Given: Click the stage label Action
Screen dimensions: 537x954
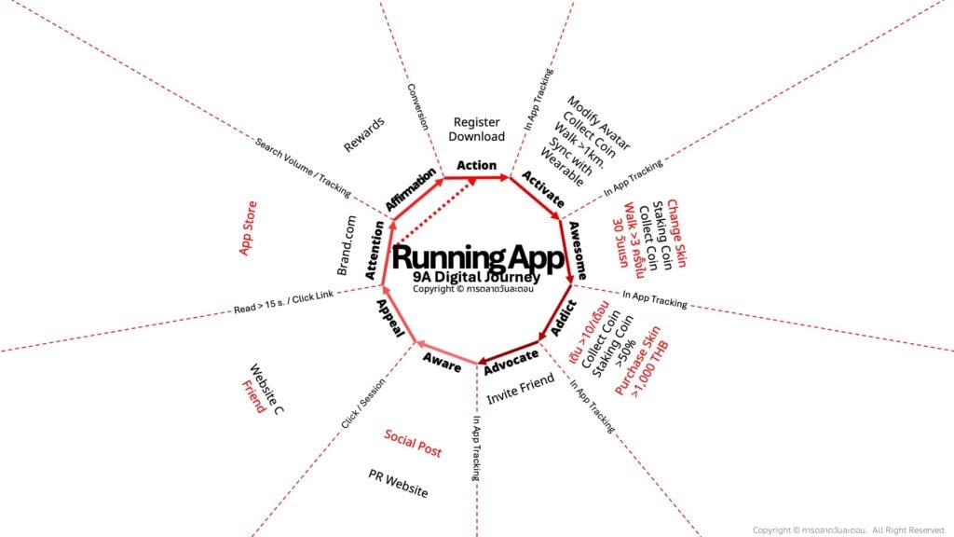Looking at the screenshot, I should point(476,165).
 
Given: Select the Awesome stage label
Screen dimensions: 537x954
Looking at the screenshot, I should point(578,251).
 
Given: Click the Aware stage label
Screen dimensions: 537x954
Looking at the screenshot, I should point(442,363).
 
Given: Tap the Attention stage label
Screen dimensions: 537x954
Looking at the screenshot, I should point(375,251).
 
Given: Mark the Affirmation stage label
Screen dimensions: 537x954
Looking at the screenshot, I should point(411,188).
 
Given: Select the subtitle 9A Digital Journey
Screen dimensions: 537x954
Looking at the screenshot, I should point(478,276).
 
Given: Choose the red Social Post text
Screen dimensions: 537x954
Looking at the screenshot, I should point(413,444).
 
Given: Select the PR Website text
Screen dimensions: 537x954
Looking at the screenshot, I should point(398,484).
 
